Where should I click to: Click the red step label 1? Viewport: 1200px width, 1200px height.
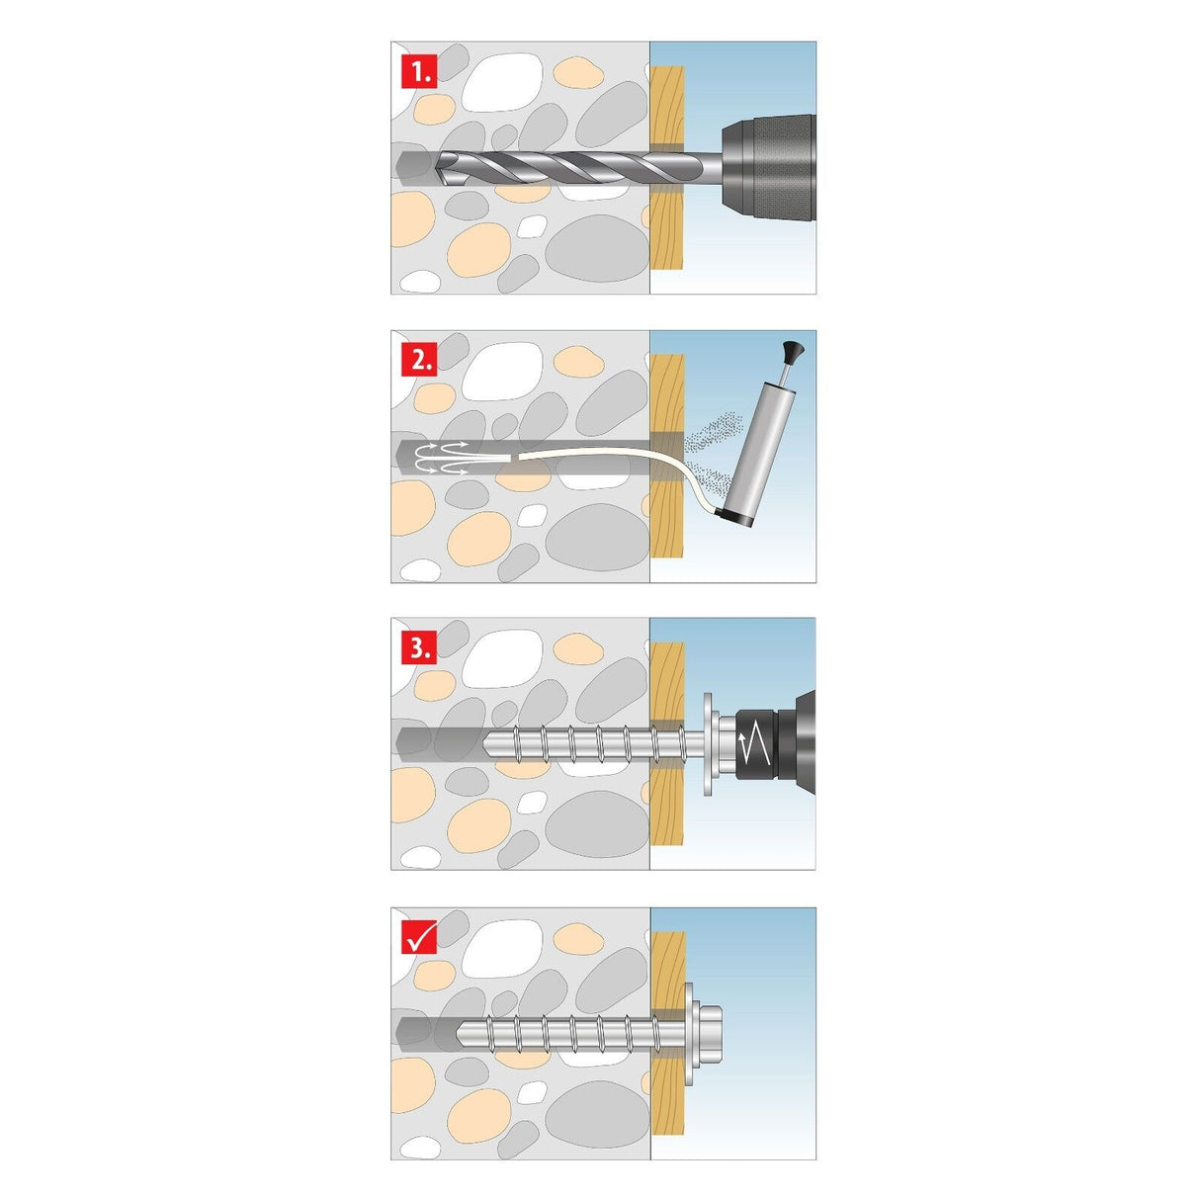419,72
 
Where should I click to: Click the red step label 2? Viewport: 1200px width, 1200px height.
419,361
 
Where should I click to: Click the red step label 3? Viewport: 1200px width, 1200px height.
419,648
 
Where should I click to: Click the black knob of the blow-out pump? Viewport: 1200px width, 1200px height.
792,350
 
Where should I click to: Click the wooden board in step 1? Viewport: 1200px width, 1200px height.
668,227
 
